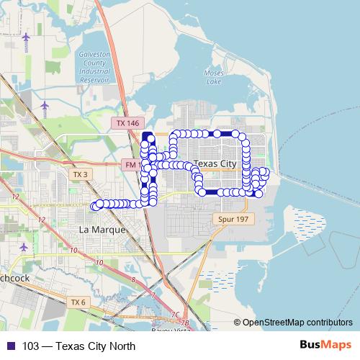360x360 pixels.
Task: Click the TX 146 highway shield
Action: click(127, 123)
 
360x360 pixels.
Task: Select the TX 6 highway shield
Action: click(78, 302)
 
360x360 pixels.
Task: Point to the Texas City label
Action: click(216, 164)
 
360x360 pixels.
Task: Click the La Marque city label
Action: click(101, 230)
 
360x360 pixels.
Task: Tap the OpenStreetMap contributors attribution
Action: click(297, 323)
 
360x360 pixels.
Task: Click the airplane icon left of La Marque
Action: click(24, 246)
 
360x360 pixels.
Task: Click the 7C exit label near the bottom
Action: click(175, 315)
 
